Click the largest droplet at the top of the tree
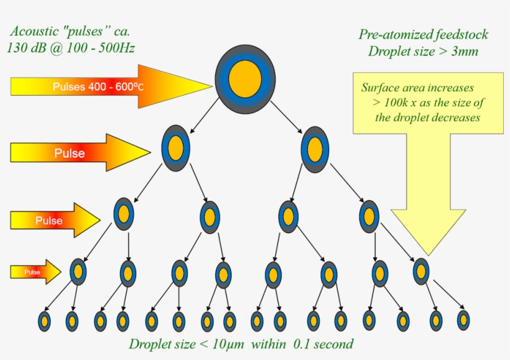click(x=244, y=78)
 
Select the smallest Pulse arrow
click(x=35, y=272)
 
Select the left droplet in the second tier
click(x=175, y=147)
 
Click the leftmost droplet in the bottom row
click(x=44, y=321)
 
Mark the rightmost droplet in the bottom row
click(x=463, y=320)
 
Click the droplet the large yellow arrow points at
click(x=421, y=270)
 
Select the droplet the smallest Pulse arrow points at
click(x=78, y=271)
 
